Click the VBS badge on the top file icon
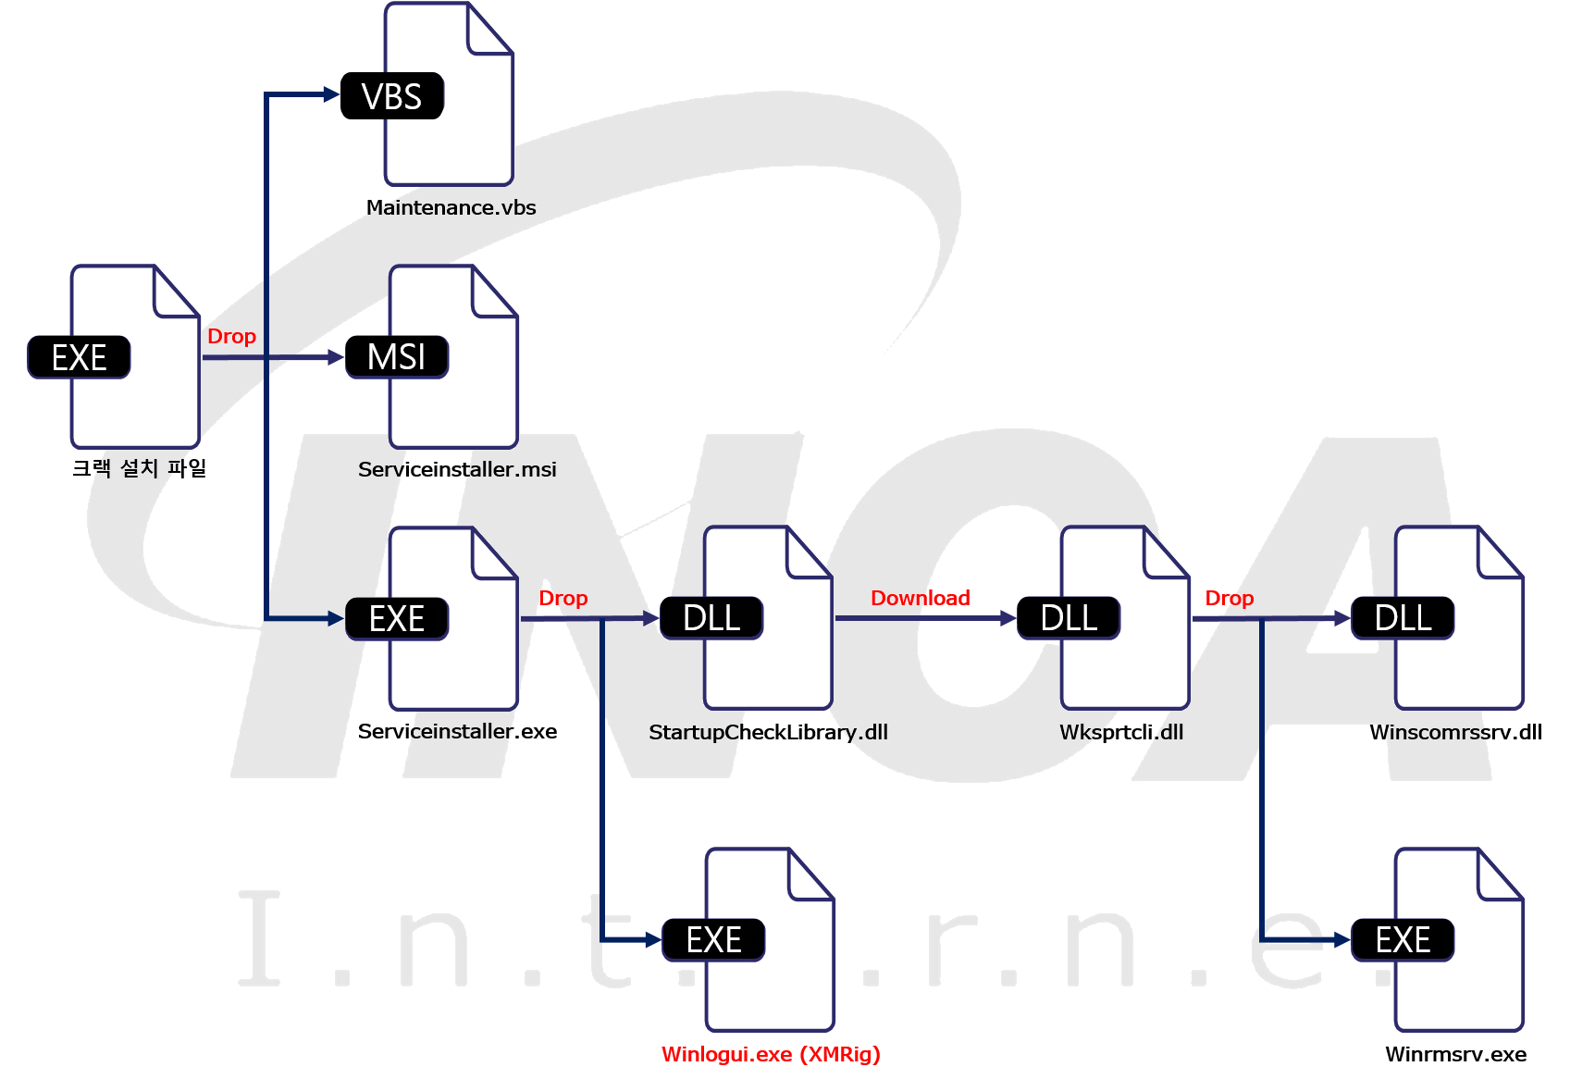(x=392, y=96)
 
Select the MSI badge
(x=397, y=357)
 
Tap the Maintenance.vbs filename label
(x=451, y=207)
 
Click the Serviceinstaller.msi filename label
(x=457, y=469)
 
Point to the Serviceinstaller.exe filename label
(x=457, y=731)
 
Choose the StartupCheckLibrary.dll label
(x=768, y=732)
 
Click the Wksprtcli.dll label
(x=1121, y=732)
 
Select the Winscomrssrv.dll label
(x=1455, y=732)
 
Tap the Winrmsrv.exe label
(x=1455, y=1054)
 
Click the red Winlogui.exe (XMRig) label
(x=771, y=1054)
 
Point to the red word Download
(x=920, y=598)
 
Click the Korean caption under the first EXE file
(x=139, y=468)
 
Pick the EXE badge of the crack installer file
(x=79, y=357)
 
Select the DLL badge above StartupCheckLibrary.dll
(x=711, y=618)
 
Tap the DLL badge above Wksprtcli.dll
(x=1069, y=618)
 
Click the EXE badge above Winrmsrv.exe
(x=1403, y=940)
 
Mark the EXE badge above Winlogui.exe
(x=713, y=940)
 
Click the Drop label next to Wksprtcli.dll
(x=1229, y=598)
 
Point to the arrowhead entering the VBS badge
(x=331, y=94)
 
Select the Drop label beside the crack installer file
(x=231, y=336)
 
